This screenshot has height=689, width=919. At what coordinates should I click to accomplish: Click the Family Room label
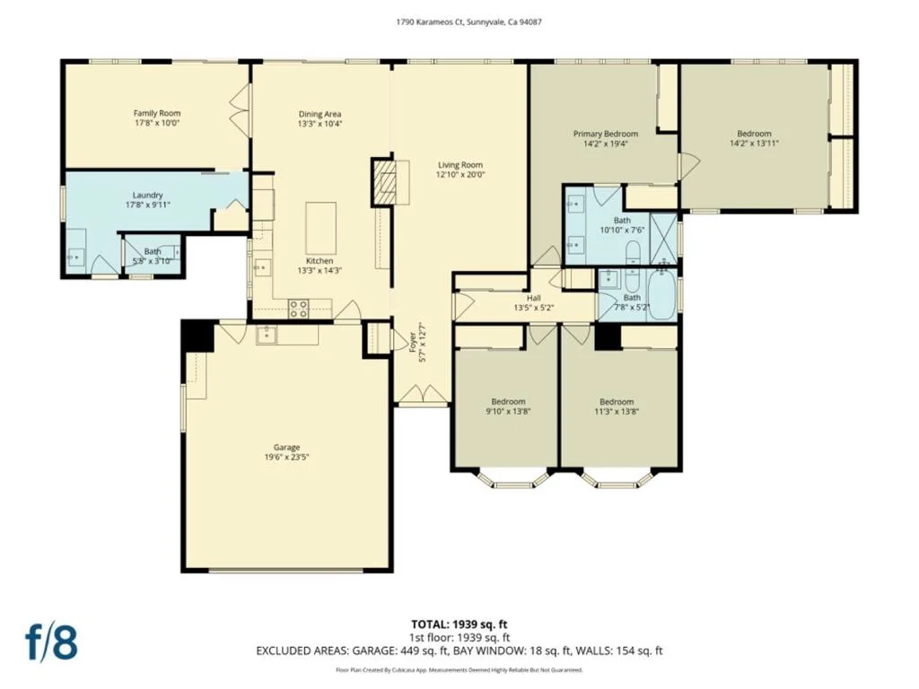157,113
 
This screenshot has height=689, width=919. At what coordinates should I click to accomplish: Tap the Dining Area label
320,114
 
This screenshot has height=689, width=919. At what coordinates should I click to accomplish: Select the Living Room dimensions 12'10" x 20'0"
460,175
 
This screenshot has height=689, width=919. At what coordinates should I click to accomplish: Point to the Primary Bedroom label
606,134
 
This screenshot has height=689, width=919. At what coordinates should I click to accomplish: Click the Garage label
286,447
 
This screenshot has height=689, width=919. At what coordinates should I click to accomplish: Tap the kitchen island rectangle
320,228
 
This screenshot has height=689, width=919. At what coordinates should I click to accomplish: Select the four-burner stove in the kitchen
298,309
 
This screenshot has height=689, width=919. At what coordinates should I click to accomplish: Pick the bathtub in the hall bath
661,293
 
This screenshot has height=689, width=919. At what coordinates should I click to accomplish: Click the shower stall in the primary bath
663,239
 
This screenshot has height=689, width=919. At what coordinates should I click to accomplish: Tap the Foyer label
412,342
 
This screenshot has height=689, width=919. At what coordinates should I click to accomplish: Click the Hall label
533,298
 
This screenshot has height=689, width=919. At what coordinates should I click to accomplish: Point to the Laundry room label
148,195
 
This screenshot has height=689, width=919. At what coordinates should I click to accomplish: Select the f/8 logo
51,642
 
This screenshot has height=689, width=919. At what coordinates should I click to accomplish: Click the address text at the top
468,22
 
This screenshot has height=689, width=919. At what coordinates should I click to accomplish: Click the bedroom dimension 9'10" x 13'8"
508,411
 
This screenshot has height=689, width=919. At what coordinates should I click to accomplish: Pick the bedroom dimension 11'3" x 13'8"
617,411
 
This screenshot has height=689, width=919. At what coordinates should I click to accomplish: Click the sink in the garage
267,336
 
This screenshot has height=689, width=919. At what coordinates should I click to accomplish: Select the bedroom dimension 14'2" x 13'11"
754,143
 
